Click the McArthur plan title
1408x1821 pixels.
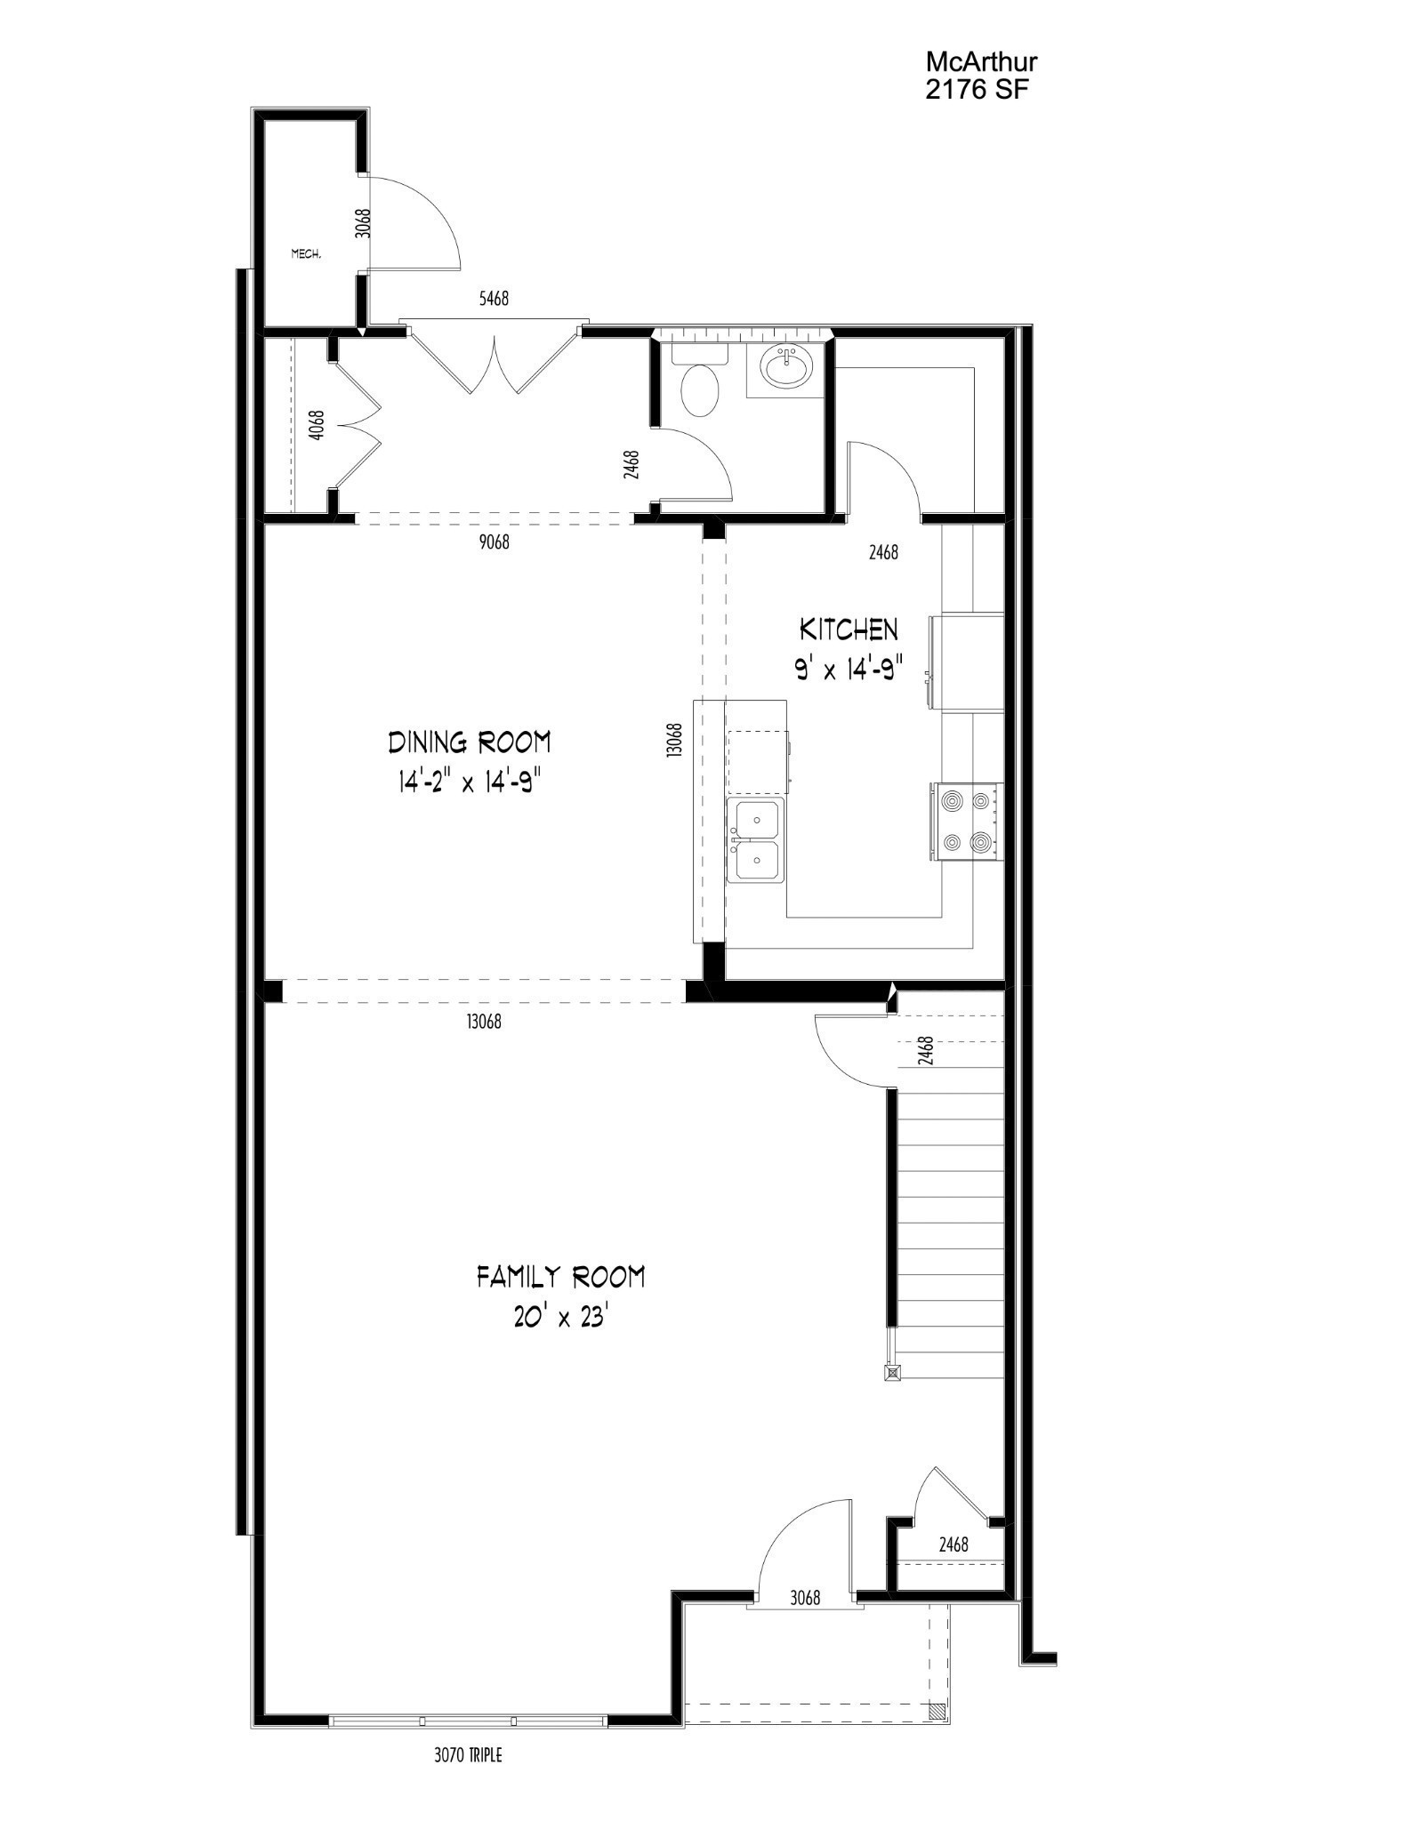(981, 62)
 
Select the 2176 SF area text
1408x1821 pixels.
(977, 90)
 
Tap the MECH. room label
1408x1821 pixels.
(306, 254)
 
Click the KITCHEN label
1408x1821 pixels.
(849, 630)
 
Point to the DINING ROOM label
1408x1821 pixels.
(469, 742)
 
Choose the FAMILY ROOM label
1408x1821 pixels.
(560, 1278)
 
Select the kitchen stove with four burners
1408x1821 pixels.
(968, 821)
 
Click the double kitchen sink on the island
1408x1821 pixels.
(755, 839)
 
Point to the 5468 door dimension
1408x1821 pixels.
(494, 299)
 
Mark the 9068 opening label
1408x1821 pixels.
(494, 541)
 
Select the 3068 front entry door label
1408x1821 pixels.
(805, 1623)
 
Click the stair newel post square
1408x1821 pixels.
(891, 1373)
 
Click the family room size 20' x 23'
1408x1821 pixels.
(560, 1318)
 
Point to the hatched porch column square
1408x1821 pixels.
(936, 1710)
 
